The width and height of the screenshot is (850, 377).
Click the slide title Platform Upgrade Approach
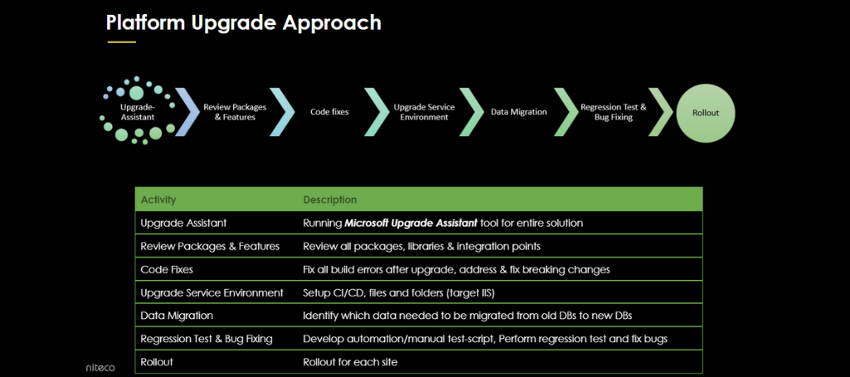[x=243, y=22]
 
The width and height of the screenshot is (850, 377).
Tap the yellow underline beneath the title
[x=120, y=42]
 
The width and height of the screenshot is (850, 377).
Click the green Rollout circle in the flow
[x=706, y=111]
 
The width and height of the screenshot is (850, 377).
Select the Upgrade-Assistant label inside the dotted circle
[x=137, y=111]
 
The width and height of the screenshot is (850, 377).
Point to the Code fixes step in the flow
[x=329, y=111]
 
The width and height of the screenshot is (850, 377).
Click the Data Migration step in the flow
[x=518, y=111]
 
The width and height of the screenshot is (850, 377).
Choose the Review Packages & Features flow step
[x=229, y=111]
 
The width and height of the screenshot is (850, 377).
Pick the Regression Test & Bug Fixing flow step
[x=613, y=111]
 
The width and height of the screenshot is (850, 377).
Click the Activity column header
[x=159, y=200]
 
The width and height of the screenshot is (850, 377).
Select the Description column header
[x=330, y=200]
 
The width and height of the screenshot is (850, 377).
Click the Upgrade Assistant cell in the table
[x=183, y=223]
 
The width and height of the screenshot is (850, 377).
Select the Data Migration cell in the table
[x=177, y=316]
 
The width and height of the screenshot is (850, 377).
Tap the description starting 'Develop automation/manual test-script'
[x=485, y=340]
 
